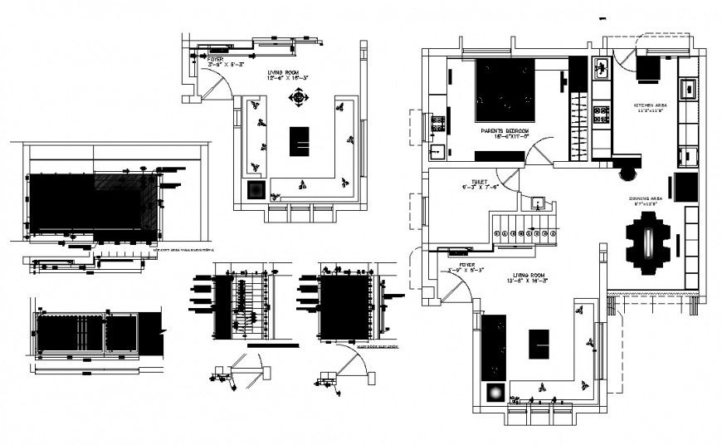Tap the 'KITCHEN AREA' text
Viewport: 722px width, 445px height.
(x=650, y=106)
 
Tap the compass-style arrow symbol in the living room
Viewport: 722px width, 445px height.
(x=297, y=99)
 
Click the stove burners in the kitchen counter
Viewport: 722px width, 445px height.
(x=601, y=114)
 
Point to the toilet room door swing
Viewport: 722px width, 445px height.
(x=507, y=177)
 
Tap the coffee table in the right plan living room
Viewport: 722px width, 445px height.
(x=539, y=344)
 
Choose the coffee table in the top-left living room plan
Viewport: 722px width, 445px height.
(x=299, y=141)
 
